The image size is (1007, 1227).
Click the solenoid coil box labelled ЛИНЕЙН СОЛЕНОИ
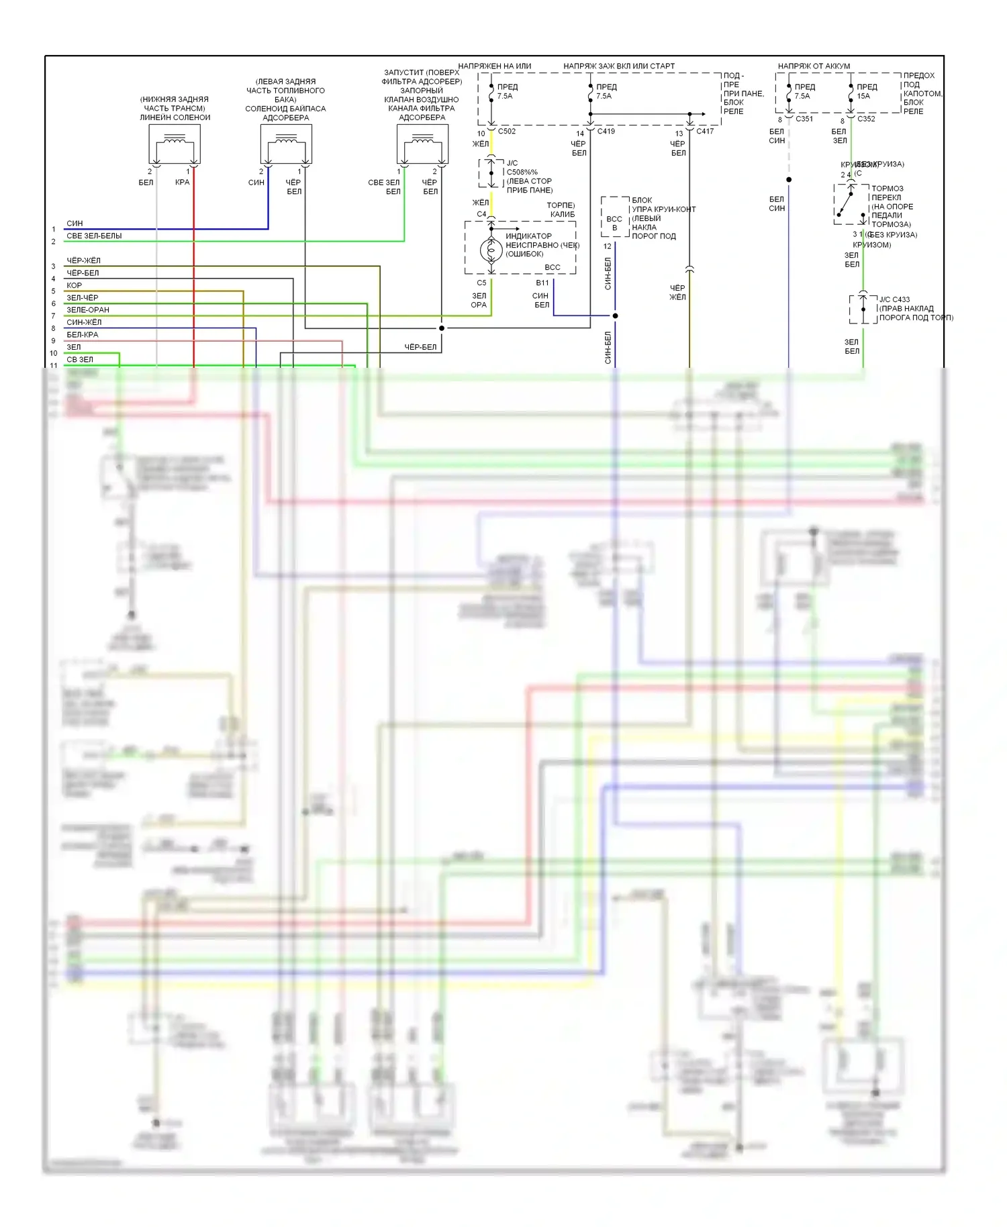coord(175,144)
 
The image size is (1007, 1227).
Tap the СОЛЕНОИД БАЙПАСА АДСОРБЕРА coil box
coord(286,144)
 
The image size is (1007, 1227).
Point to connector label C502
coord(507,131)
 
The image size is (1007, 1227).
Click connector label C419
coord(606,131)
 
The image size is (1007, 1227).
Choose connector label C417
coord(705,131)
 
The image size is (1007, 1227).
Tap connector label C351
coord(804,119)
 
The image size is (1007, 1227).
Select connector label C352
coord(866,119)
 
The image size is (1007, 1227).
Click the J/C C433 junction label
coord(895,299)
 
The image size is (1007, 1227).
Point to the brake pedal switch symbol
coord(851,204)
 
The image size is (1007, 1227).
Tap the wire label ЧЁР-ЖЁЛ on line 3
coord(83,260)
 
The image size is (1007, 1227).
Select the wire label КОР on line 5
coord(74,285)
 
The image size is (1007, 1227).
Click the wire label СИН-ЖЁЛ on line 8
coord(84,322)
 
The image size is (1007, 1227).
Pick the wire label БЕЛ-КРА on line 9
coord(82,334)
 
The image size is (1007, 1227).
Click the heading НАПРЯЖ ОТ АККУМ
coord(814,66)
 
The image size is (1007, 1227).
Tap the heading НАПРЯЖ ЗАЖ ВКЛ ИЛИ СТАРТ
coord(619,66)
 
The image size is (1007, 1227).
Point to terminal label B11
coord(542,283)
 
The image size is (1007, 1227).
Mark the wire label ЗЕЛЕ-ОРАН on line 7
coord(88,310)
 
